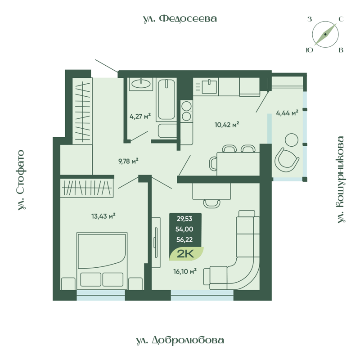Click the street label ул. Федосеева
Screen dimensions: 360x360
[x=180, y=18]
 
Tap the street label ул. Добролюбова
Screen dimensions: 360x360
[x=180, y=340]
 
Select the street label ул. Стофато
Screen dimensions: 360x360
[x=22, y=180]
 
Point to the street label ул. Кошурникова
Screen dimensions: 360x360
[x=341, y=180]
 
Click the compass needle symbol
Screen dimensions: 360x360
[x=325, y=35]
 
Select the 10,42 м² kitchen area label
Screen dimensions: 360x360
[x=226, y=125]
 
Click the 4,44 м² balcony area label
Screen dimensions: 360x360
[x=287, y=113]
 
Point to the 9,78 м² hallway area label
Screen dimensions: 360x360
[x=127, y=161]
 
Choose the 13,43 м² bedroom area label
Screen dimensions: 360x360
[x=103, y=216]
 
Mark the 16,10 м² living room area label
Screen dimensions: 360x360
[x=185, y=271]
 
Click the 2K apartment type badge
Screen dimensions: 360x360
[x=186, y=254]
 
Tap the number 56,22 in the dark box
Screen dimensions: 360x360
[x=185, y=240]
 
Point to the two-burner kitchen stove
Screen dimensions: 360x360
[x=186, y=111]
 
